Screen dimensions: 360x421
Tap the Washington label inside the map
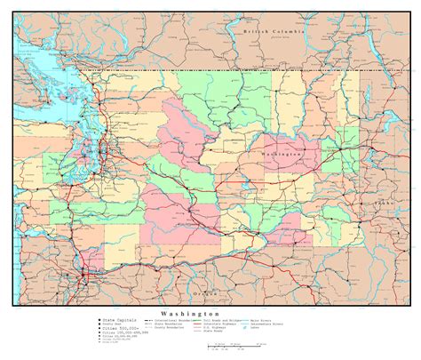click(x=282, y=154)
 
